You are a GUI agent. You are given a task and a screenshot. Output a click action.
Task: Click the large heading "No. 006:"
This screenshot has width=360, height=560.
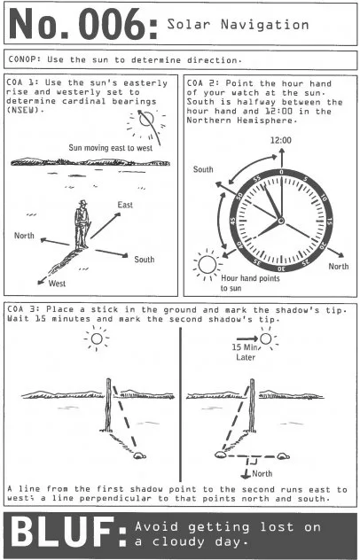coord(83,24)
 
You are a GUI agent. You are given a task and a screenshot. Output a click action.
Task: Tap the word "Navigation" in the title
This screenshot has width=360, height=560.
coord(264,25)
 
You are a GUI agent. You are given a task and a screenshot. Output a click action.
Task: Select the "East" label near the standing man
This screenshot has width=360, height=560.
coord(125,205)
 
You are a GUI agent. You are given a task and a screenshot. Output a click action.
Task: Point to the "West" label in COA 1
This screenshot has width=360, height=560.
coord(57,284)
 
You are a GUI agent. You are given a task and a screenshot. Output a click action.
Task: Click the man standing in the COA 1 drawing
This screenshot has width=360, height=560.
coord(82,225)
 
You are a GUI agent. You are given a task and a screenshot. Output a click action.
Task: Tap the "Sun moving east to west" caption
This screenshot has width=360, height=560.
coord(111,147)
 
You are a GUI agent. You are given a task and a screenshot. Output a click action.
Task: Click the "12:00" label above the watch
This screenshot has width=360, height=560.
coord(280,140)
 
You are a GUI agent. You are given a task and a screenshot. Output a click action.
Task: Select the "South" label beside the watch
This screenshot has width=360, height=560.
coord(203,169)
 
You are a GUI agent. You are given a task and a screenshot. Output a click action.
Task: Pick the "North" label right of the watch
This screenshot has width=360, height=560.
coord(338,266)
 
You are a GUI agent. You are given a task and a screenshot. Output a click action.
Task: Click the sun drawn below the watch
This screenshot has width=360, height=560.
coord(207,265)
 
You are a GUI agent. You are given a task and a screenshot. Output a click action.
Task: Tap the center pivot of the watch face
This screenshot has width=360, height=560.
coord(281,221)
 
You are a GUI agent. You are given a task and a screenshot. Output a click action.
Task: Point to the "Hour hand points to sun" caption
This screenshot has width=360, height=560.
coord(250,283)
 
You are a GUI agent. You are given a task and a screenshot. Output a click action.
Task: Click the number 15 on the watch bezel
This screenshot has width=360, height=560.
coord(329,222)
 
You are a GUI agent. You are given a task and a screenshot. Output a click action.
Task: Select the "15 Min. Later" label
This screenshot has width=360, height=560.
coord(245,352)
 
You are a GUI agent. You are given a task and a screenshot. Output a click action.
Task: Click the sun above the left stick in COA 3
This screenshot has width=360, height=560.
coord(97,338)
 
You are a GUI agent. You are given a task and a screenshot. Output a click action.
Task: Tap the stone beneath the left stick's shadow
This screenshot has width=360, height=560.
coord(139,455)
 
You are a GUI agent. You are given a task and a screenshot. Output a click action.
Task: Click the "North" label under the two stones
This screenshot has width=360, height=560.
coord(262,473)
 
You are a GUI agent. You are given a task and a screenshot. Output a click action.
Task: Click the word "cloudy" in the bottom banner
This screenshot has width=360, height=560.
coord(179,541)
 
